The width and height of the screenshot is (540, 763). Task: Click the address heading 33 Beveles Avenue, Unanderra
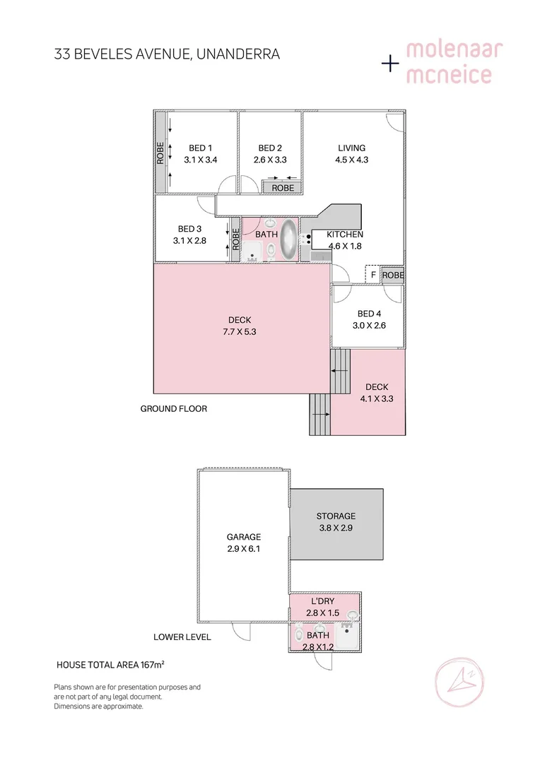click(x=167, y=54)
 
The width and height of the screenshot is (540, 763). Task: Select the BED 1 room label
click(x=200, y=148)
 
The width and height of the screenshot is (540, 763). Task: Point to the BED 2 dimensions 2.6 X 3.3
click(x=270, y=160)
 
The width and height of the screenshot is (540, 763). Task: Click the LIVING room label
click(x=351, y=148)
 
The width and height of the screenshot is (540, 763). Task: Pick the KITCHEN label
click(x=345, y=235)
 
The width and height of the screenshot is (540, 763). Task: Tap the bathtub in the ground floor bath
click(x=289, y=240)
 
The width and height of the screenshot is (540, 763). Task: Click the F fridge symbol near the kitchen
click(x=372, y=275)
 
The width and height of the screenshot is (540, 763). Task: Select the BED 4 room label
click(x=370, y=314)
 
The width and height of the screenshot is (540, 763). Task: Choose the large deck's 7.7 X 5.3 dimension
click(x=240, y=332)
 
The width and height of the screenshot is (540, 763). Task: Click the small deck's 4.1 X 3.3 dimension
click(x=377, y=399)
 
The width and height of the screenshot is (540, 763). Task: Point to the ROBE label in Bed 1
click(x=161, y=153)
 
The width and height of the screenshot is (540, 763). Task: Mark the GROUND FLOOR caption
click(x=174, y=409)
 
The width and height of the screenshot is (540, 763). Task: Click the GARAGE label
click(x=244, y=537)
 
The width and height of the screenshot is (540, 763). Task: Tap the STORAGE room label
click(x=336, y=516)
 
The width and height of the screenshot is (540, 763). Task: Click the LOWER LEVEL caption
click(x=182, y=637)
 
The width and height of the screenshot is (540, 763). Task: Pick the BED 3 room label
click(x=189, y=229)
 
